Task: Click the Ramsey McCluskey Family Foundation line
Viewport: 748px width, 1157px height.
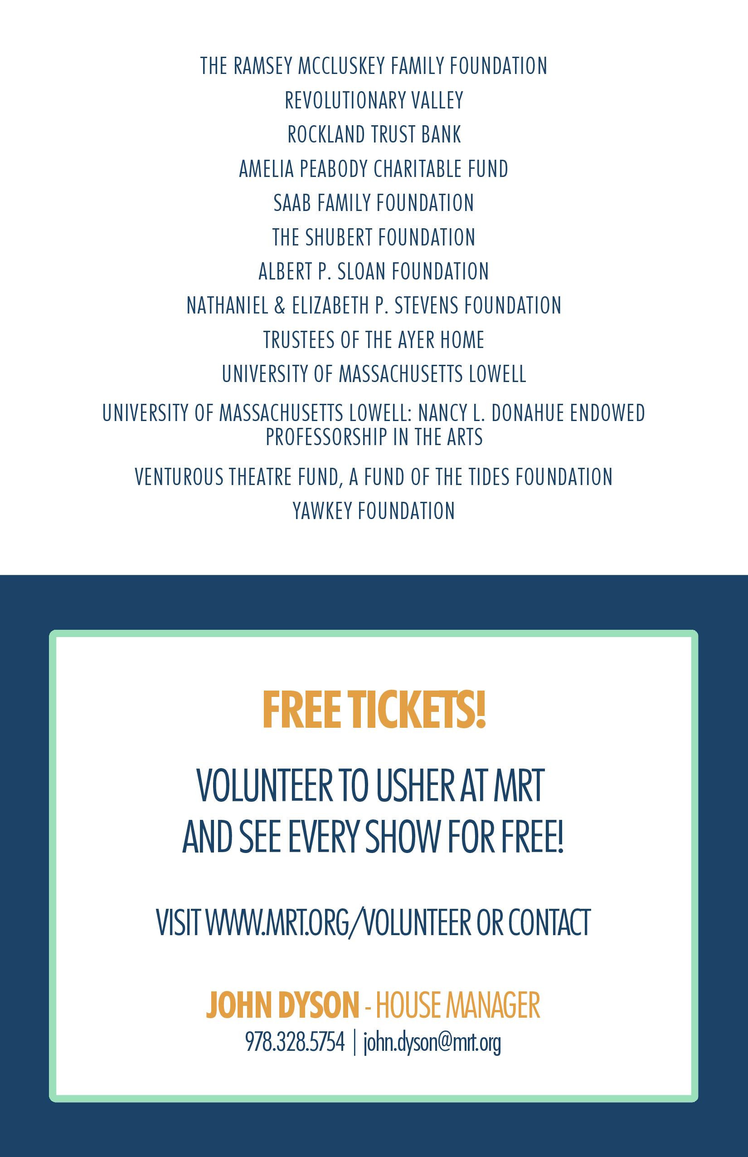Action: click(374, 66)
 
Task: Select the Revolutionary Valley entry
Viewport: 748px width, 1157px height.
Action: click(374, 101)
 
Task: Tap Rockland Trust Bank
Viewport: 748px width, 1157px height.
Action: click(374, 135)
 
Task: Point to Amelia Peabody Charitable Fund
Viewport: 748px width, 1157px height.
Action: click(374, 169)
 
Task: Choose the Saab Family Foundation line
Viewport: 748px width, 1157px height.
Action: click(374, 203)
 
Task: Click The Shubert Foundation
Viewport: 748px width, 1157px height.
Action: click(374, 237)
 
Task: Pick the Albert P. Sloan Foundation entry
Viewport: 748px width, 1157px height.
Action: click(374, 271)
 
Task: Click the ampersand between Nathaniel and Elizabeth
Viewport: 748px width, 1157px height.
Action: click(279, 306)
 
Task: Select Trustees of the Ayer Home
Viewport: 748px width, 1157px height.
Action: click(374, 340)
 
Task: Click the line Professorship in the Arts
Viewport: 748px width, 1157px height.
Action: click(374, 437)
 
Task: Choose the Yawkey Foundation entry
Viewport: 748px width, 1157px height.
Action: click(374, 511)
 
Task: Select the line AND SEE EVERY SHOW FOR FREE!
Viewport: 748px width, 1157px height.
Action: click(373, 838)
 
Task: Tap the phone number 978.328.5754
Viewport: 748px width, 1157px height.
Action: click(295, 1042)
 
